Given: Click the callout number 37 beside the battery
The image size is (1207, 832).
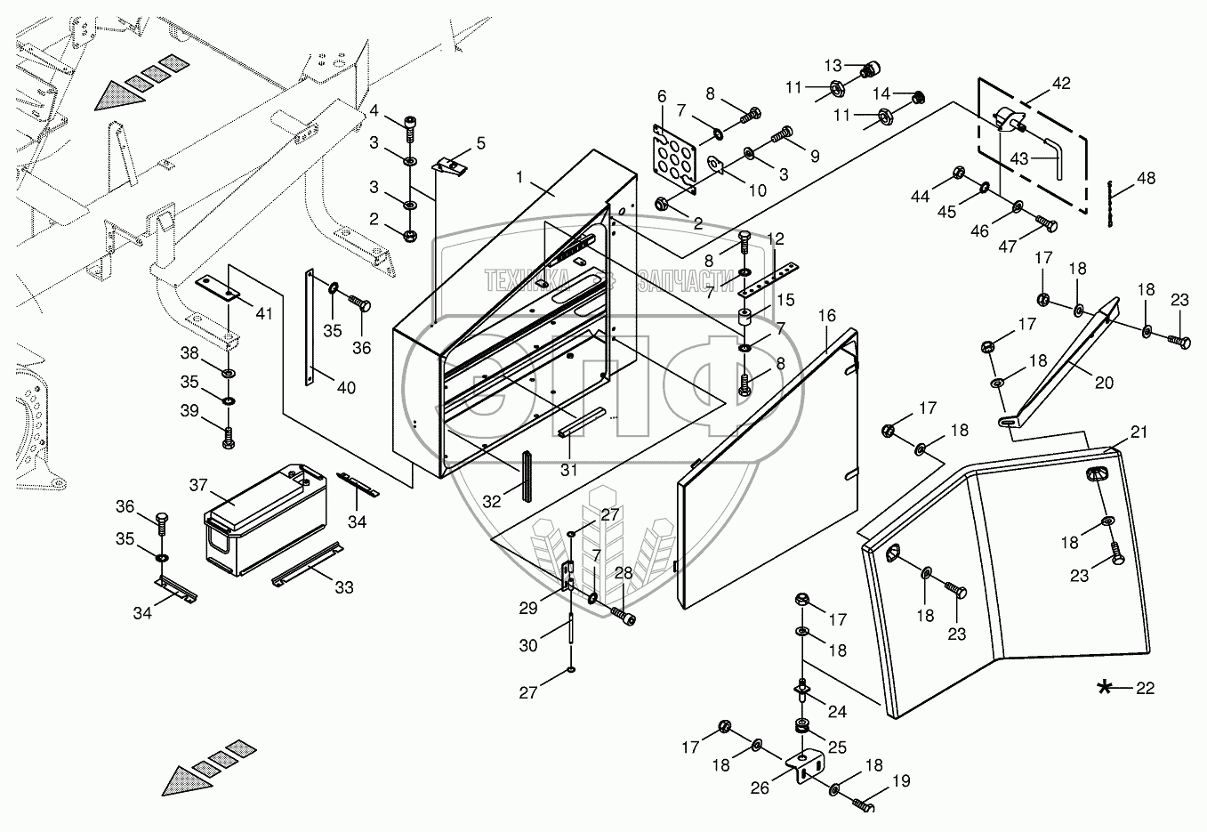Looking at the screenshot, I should pos(197,484).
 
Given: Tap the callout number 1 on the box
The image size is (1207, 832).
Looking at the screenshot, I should pos(521,178).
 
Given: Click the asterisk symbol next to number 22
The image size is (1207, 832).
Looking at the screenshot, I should pos(1105,687).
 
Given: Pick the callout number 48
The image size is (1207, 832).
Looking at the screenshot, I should pos(1146,178).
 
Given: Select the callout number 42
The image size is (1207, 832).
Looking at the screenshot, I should pos(1061,84).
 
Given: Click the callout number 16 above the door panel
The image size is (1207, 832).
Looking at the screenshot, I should pos(827,316).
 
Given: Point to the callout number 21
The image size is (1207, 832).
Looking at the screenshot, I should pos(1139,432).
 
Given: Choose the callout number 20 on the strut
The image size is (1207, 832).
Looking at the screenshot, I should pos(1104,384).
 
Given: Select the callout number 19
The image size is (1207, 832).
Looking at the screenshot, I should pos(901,782).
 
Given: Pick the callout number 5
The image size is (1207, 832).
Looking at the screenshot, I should pos(480,142).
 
